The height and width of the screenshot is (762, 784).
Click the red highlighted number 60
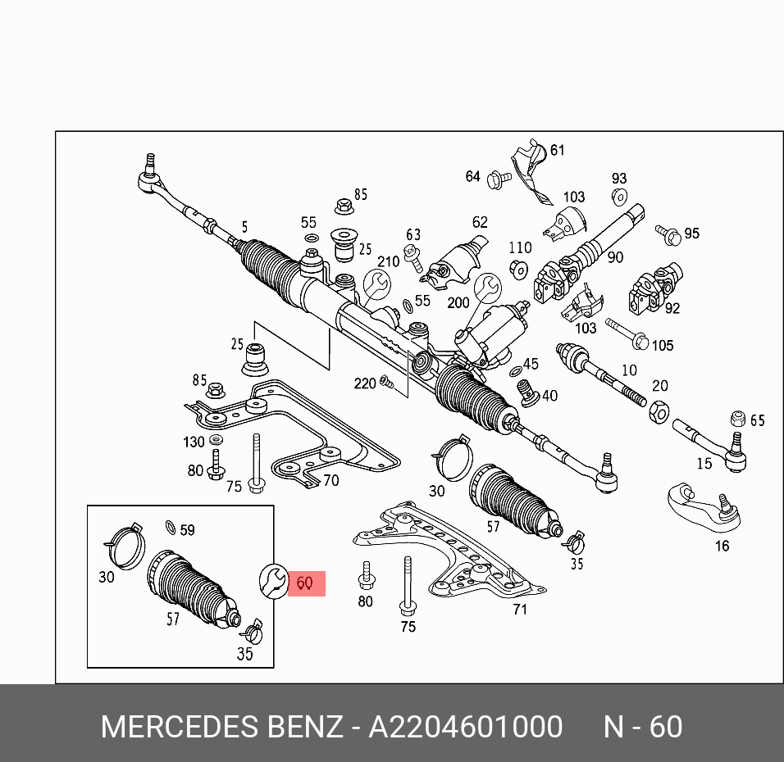[305, 583]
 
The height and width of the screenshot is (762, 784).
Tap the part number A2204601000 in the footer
[465, 727]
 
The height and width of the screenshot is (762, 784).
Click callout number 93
[618, 179]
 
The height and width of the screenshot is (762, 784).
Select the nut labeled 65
[737, 419]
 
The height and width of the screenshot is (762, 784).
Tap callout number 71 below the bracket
[519, 609]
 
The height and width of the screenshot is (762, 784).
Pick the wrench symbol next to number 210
[377, 284]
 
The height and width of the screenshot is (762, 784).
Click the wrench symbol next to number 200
[487, 288]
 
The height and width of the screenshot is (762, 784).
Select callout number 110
[520, 247]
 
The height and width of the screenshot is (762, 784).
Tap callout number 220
[365, 383]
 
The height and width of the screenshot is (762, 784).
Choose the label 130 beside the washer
[194, 442]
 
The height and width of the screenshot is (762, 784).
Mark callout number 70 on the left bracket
[330, 481]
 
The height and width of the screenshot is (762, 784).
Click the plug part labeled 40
[530, 393]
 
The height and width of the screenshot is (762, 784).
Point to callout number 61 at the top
[558, 150]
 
